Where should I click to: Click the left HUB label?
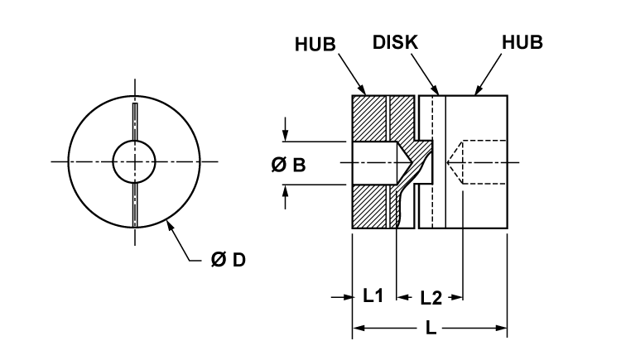point(315,44)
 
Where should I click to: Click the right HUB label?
point(522,43)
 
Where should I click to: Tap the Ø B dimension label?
point(288,165)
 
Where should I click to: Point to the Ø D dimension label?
point(228,260)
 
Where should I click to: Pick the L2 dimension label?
point(431,296)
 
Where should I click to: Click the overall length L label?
point(431,329)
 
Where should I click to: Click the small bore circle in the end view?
point(134,161)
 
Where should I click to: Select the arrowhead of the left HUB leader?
point(363,92)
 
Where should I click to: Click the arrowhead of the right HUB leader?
point(475,92)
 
